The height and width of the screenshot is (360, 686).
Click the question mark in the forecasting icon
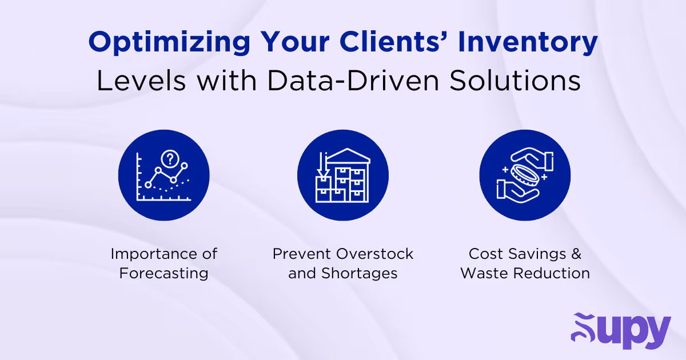click(x=169, y=158)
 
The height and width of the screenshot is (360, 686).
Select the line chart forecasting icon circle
click(x=163, y=175)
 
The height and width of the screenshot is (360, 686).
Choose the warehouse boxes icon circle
click(x=342, y=175)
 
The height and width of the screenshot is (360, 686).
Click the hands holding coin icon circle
click(x=525, y=175)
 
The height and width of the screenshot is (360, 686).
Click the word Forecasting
click(x=163, y=273)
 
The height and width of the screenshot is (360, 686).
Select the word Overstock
click(x=375, y=253)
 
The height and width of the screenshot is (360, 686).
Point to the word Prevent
click(x=301, y=253)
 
